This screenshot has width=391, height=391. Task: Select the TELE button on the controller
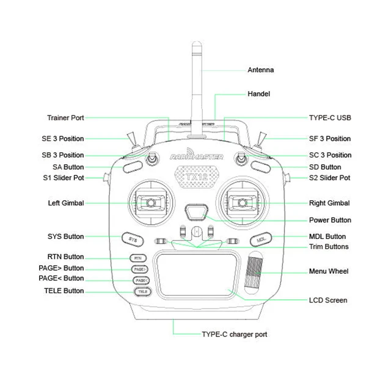coord(141,291)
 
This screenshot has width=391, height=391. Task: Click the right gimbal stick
coord(242,201)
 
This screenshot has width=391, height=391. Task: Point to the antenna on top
coord(197,79)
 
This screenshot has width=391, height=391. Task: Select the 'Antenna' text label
coord(260,70)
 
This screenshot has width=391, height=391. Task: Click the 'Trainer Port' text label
coord(65,117)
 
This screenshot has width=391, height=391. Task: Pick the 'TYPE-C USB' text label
coord(330,117)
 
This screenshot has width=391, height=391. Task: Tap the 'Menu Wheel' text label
coord(329,271)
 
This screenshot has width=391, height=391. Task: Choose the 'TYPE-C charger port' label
coord(234,335)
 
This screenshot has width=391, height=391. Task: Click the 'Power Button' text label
coord(330,220)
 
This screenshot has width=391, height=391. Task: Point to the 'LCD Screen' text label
coord(328,300)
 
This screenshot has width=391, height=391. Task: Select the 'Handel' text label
coord(258,94)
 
